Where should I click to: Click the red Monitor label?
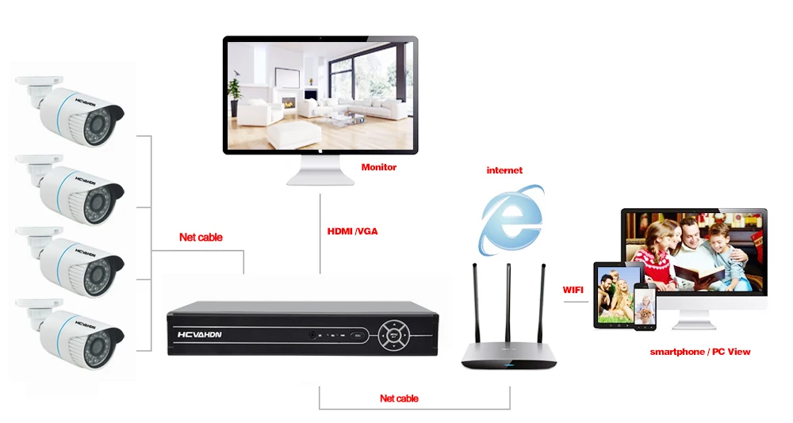[379, 167]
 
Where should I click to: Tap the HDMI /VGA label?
[353, 231]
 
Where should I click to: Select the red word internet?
[504, 170]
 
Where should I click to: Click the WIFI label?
[573, 290]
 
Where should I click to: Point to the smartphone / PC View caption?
[700, 352]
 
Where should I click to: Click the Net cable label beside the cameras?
[201, 237]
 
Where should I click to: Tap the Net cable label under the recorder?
[399, 398]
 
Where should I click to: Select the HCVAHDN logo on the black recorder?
[200, 334]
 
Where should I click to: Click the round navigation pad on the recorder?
[394, 335]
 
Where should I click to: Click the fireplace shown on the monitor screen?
[289, 103]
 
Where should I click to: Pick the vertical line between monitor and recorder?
[320, 234]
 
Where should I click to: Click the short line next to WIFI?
[576, 302]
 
